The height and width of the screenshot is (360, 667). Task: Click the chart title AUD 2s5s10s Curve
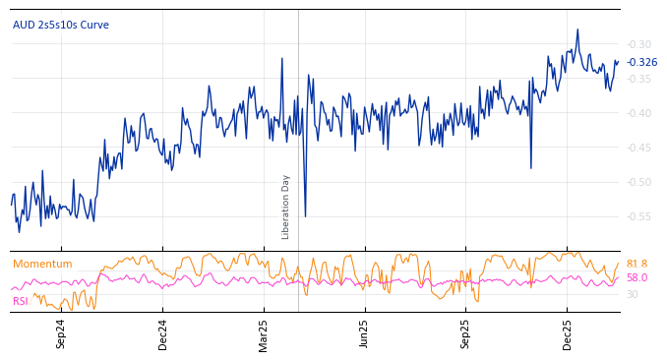tap(61, 25)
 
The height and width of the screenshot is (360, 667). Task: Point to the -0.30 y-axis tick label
tap(638, 44)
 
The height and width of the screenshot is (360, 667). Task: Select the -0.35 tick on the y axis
tap(638, 79)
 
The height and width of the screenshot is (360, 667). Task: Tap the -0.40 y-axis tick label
tap(638, 113)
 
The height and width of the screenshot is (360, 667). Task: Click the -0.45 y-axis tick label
tap(638, 148)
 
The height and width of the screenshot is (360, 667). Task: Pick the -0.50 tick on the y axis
tap(638, 182)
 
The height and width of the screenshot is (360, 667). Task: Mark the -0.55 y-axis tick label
tap(638, 216)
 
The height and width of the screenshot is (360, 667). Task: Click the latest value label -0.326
tap(642, 62)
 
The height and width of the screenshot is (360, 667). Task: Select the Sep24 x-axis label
tap(61, 333)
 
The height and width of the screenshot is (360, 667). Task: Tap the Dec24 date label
tap(163, 333)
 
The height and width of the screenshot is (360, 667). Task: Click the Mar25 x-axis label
tap(264, 333)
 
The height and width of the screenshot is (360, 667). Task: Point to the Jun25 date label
tap(364, 333)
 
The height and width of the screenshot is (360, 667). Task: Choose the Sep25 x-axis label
tap(466, 333)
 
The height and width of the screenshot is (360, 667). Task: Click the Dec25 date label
tap(567, 333)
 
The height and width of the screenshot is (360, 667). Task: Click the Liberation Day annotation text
tap(286, 207)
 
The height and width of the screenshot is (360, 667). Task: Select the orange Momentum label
tap(42, 264)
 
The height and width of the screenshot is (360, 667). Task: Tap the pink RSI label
tap(21, 301)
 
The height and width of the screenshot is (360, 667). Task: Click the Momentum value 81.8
tap(637, 264)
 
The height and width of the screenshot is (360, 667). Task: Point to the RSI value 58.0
tap(637, 277)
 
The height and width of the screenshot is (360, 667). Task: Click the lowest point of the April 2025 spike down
tap(305, 216)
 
